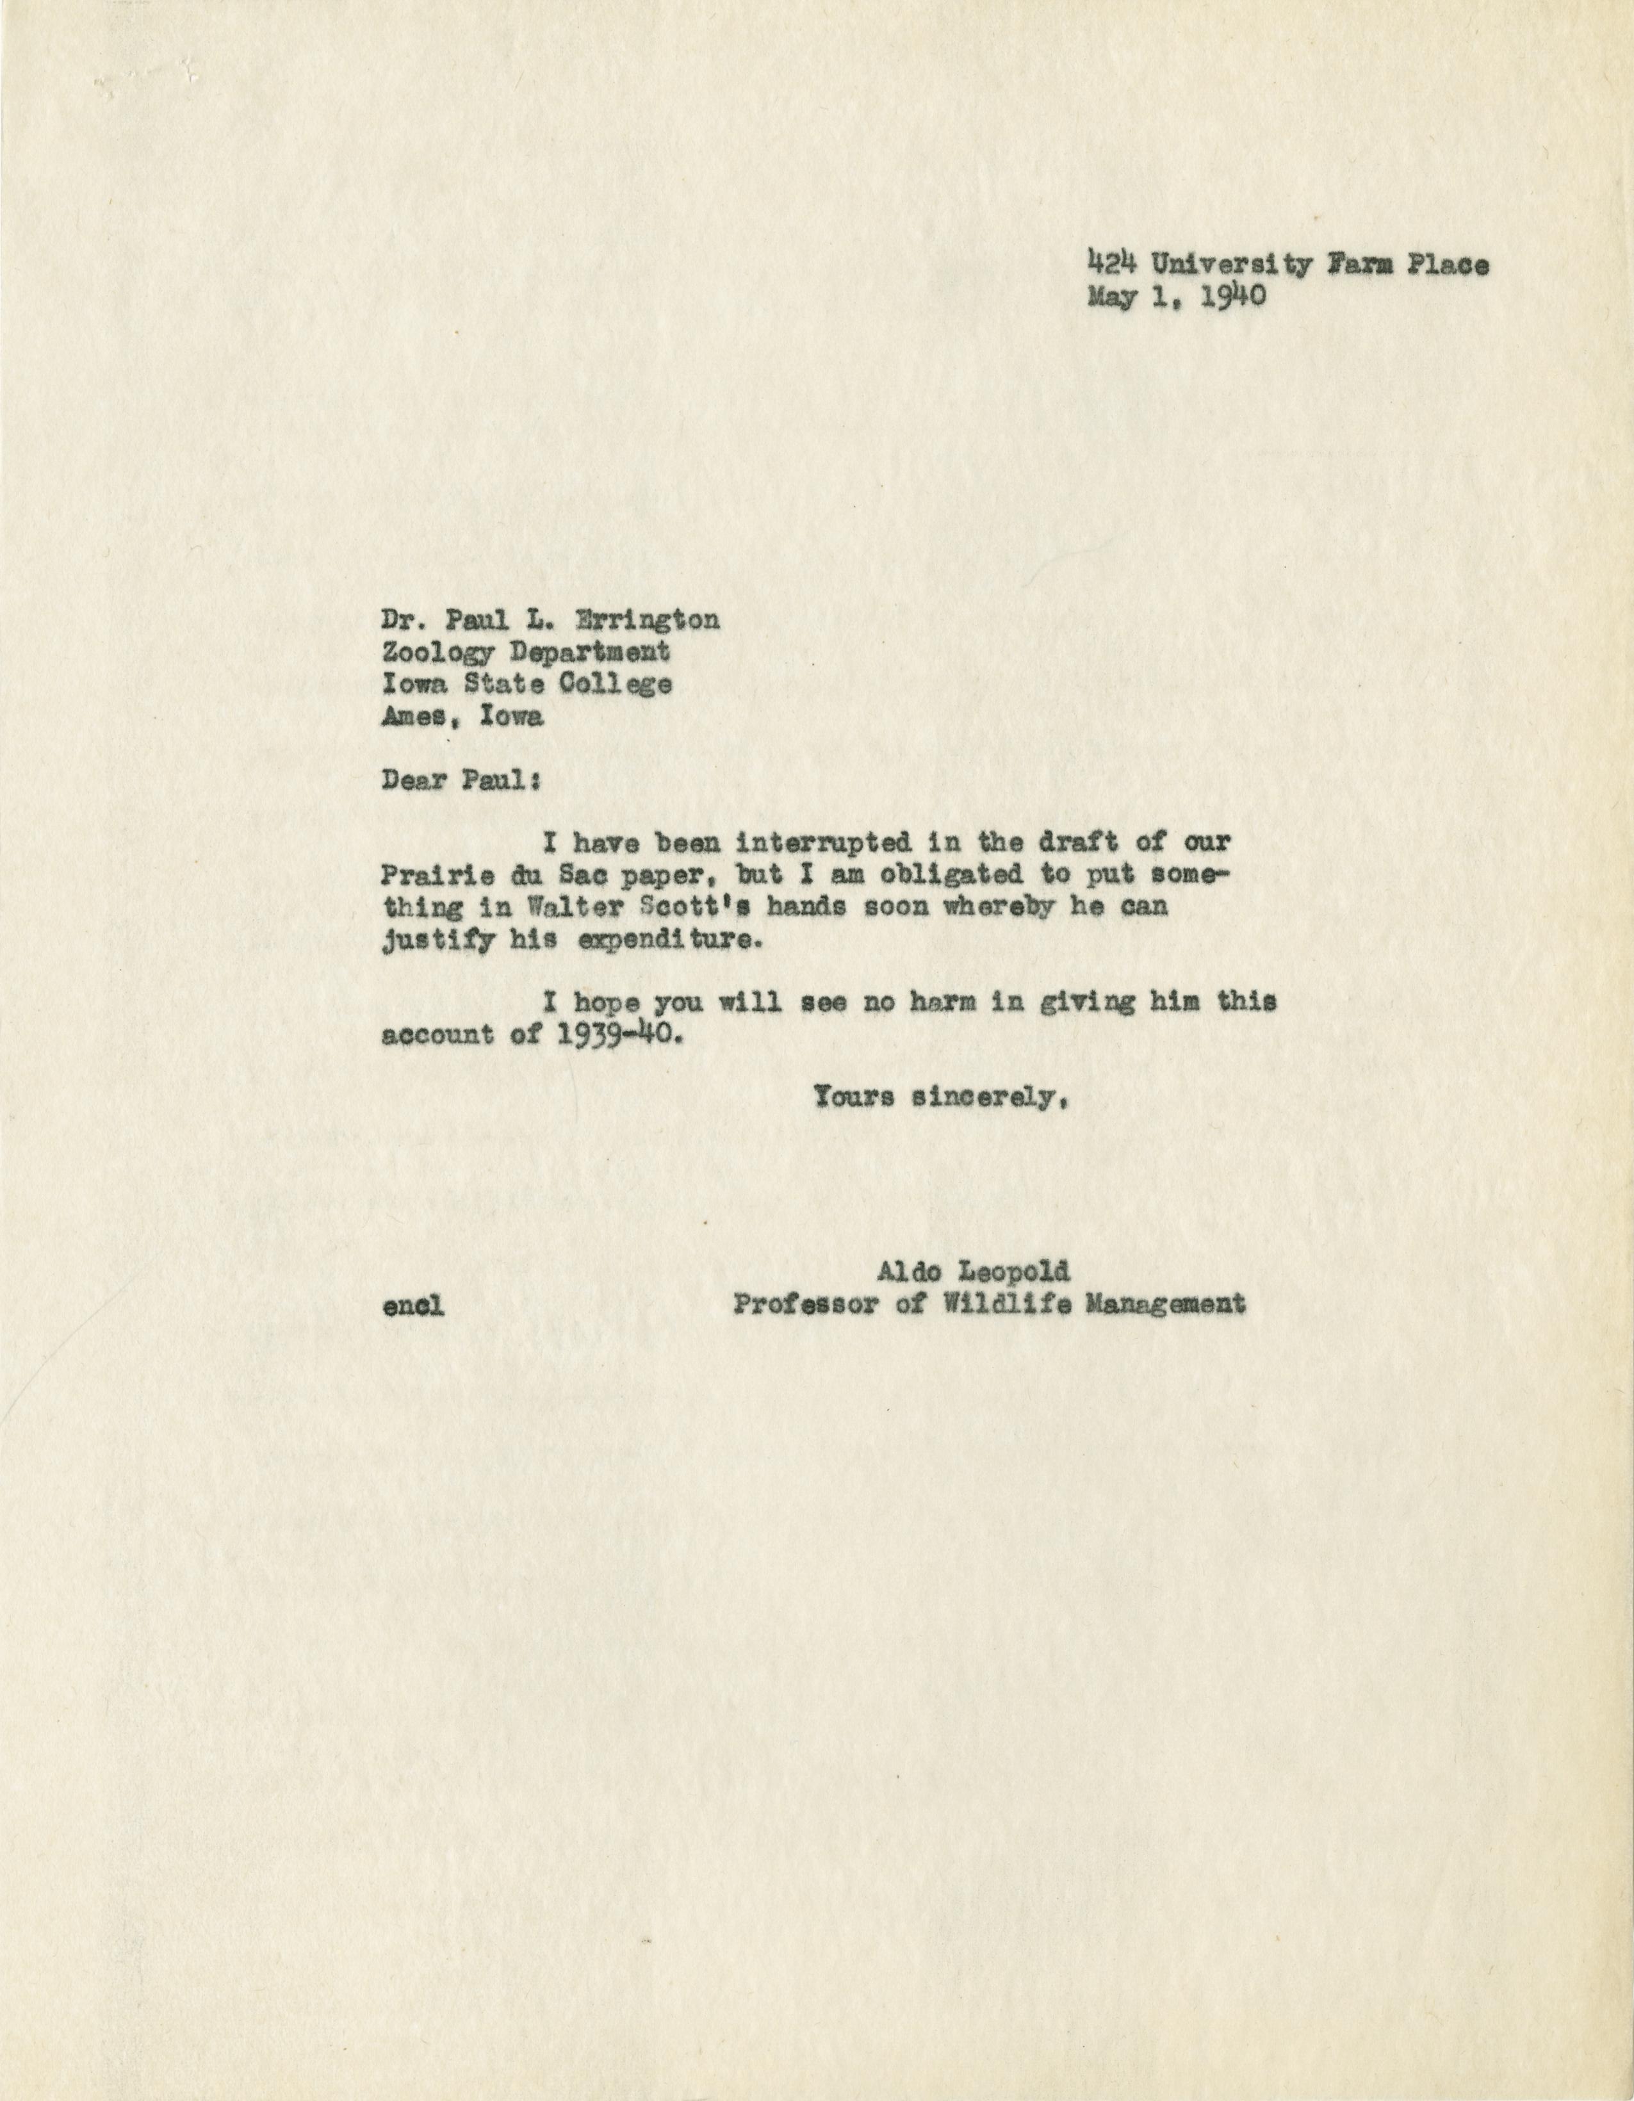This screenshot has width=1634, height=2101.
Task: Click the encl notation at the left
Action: click(x=413, y=1306)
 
